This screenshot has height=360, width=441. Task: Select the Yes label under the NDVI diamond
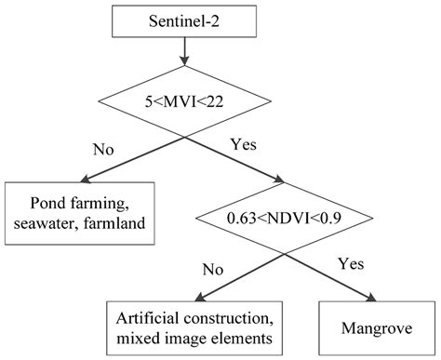[349, 263]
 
